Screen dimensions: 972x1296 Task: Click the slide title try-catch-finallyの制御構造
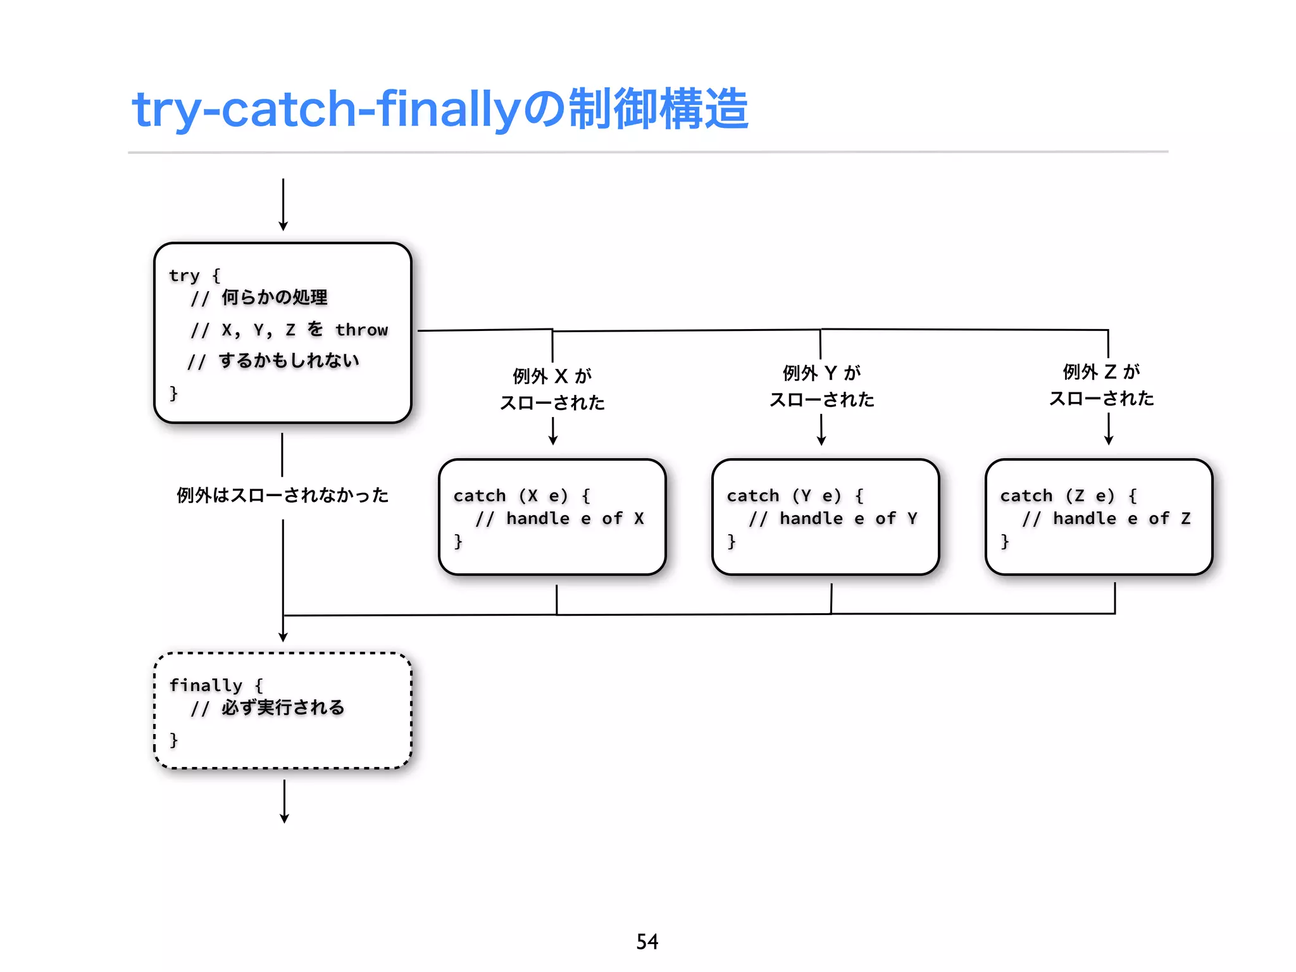(440, 109)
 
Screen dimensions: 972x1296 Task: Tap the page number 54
(647, 942)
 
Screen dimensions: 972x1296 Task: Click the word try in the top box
(184, 275)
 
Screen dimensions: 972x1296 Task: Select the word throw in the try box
(361, 330)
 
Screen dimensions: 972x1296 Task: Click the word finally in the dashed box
(206, 685)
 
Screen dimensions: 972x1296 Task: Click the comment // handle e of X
(559, 519)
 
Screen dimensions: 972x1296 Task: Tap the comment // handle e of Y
(833, 519)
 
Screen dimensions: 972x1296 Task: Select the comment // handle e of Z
(1106, 519)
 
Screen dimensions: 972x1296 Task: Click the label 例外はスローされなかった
(282, 495)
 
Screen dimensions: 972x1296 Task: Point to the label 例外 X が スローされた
(552, 389)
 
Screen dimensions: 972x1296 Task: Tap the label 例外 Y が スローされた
(822, 386)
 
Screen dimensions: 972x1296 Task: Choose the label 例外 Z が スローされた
(1102, 385)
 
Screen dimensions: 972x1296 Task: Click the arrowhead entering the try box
(283, 226)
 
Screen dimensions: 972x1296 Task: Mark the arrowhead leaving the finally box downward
(284, 818)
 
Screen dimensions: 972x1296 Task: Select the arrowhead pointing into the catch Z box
(1109, 440)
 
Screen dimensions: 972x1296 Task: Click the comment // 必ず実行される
(268, 708)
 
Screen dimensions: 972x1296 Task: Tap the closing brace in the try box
(173, 393)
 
